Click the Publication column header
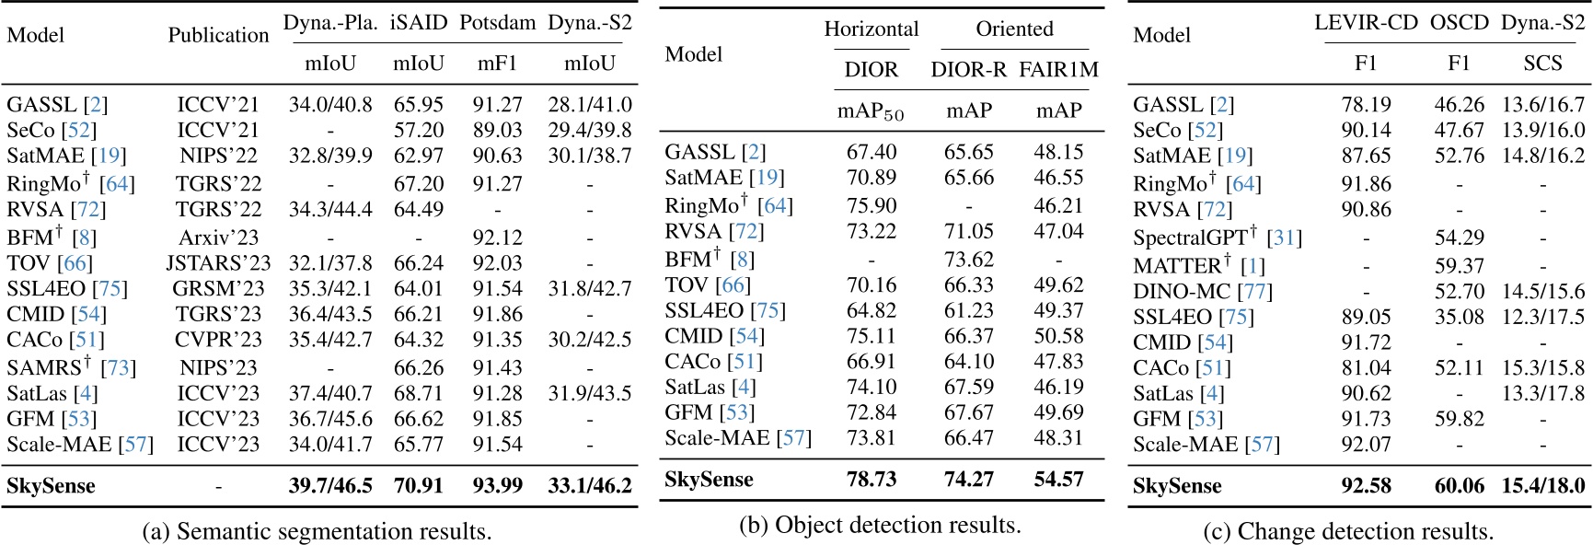(218, 36)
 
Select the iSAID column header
(418, 23)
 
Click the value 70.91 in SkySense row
(418, 485)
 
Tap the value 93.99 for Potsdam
(497, 485)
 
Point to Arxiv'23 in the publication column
(218, 237)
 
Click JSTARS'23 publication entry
(218, 263)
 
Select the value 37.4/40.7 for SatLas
(330, 393)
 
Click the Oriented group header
(1014, 29)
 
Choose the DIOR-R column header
(968, 70)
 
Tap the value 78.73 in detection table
(871, 479)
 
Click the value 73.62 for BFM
(968, 259)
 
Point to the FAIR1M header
(1058, 70)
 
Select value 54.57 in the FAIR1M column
(1058, 479)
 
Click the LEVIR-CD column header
(1366, 23)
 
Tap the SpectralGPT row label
(1217, 238)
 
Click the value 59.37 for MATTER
(1459, 265)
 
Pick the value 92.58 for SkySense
(1366, 485)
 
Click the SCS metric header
(1542, 63)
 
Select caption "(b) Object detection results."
(880, 525)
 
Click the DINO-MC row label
(1202, 292)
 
